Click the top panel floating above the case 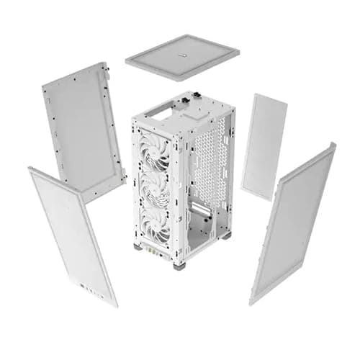coord(182,56)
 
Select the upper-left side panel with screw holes coord(84,129)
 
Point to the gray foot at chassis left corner coord(138,246)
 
